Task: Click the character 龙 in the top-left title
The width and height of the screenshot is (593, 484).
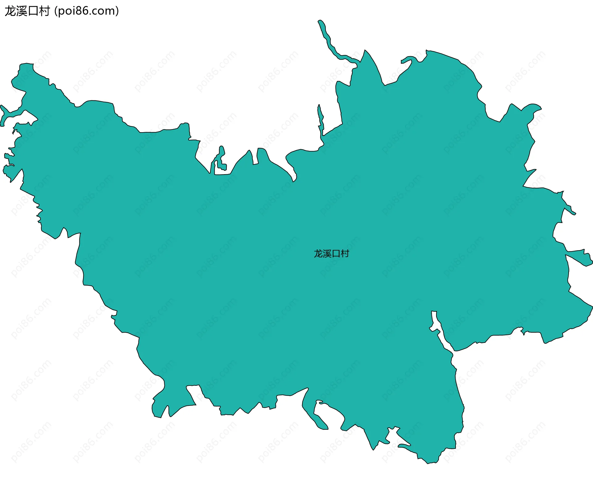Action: [10, 11]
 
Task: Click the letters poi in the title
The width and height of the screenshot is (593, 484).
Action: [66, 11]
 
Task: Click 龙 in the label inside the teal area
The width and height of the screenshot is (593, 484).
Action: [318, 254]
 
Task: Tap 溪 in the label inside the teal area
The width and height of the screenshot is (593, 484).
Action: [327, 254]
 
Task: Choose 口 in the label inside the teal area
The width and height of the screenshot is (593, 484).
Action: [336, 254]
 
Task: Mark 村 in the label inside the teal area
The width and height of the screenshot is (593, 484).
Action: [345, 254]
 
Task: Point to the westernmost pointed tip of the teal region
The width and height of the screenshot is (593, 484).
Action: [1, 106]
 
